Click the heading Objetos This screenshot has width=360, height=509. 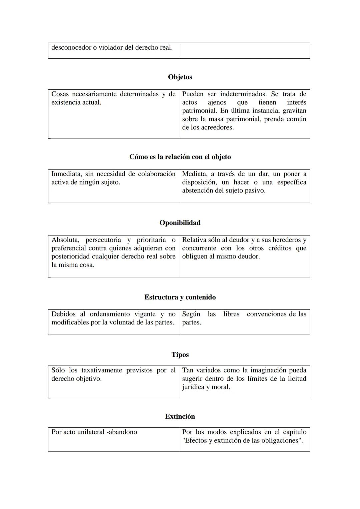180,77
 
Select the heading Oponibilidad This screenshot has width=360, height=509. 180,223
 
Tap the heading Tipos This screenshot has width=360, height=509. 180,354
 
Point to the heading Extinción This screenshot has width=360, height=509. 180,416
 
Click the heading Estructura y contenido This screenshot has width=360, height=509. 180,297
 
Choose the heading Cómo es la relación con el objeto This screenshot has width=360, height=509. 180,157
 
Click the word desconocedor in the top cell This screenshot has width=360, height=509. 71,48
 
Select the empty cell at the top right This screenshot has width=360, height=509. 244,51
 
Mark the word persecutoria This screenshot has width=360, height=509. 103,240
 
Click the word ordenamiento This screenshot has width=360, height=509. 110,314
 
